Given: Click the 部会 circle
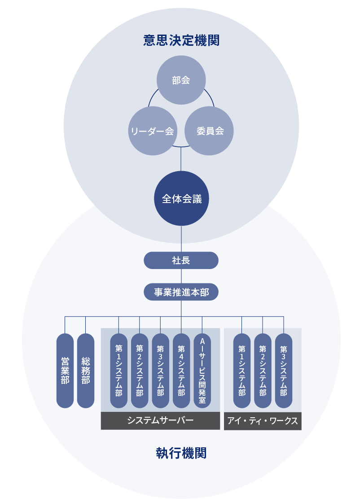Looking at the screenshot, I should coord(181,80).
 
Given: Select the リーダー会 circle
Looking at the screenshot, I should coord(152,131).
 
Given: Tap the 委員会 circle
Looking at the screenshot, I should coord(210,131).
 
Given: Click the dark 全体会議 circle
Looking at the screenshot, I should coord(181,199).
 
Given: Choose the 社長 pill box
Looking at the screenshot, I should coord(181,260).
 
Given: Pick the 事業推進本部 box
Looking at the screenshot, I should coord(181,292).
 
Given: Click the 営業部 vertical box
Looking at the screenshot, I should coord(65,371).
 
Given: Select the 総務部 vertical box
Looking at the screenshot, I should coord(86,371).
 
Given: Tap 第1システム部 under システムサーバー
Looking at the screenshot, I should coord(119,371).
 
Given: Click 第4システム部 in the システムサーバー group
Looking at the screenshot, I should coord(181,371).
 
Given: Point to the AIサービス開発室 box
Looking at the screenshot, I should coord(202,371).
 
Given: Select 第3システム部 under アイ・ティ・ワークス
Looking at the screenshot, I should coord(284,371).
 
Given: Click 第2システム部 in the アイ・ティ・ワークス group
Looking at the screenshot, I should coord(263,371).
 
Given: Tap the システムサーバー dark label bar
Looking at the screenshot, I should coord(160,421).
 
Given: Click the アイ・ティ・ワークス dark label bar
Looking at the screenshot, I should coord(263,421).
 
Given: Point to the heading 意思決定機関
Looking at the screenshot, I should coord(181,41).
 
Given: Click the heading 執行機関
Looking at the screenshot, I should coord(181,453).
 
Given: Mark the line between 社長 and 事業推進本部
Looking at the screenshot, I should coord(181,276).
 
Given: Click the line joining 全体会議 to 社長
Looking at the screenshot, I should coord(181,239).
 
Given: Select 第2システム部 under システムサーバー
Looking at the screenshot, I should coord(140,371).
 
